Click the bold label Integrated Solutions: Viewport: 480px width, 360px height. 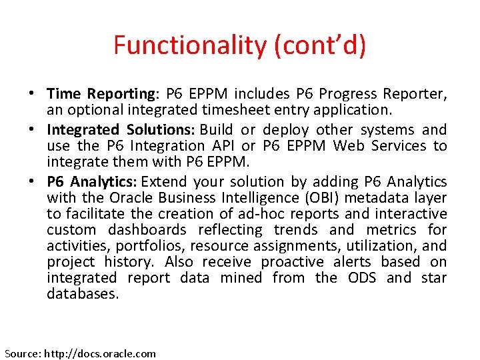point(121,130)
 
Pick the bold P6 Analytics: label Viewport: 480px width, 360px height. point(93,182)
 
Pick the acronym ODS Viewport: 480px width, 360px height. point(361,278)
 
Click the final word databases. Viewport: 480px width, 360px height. point(82,294)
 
